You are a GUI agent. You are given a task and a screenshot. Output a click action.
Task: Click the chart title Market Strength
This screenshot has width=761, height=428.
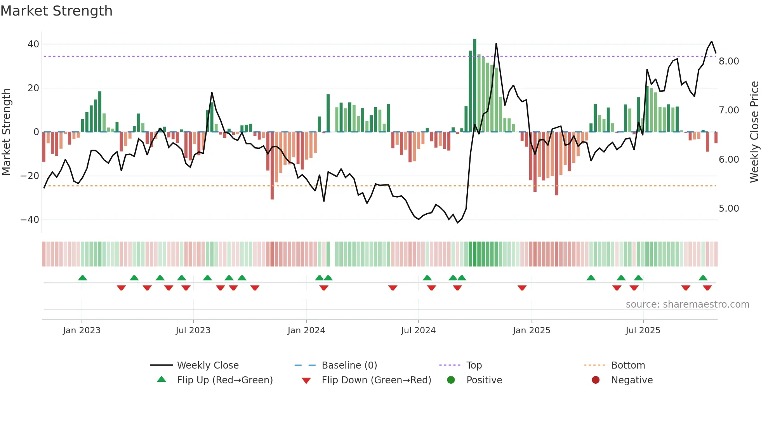57,11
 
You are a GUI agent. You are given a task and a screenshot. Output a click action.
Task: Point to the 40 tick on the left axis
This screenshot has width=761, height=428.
33,44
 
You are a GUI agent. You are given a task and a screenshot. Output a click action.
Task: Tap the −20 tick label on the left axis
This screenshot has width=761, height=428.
30,176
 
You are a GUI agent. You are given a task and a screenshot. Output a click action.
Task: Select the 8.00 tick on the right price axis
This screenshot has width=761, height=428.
729,61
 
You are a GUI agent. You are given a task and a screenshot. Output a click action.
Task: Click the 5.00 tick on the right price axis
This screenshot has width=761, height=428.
729,209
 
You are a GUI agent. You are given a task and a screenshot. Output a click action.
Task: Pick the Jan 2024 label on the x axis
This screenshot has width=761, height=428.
306,331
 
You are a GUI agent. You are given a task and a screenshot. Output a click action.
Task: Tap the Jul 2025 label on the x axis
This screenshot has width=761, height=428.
643,331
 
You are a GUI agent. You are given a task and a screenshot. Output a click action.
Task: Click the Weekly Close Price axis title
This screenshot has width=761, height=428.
754,132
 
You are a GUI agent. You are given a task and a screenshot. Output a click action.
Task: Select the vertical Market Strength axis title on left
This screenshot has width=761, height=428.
7,132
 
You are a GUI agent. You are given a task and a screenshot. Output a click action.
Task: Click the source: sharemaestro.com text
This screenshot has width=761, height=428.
687,304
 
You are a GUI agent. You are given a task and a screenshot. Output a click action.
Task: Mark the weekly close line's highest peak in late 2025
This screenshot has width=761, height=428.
712,42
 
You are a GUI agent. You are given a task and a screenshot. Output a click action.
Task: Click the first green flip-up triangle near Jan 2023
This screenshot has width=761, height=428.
82,278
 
